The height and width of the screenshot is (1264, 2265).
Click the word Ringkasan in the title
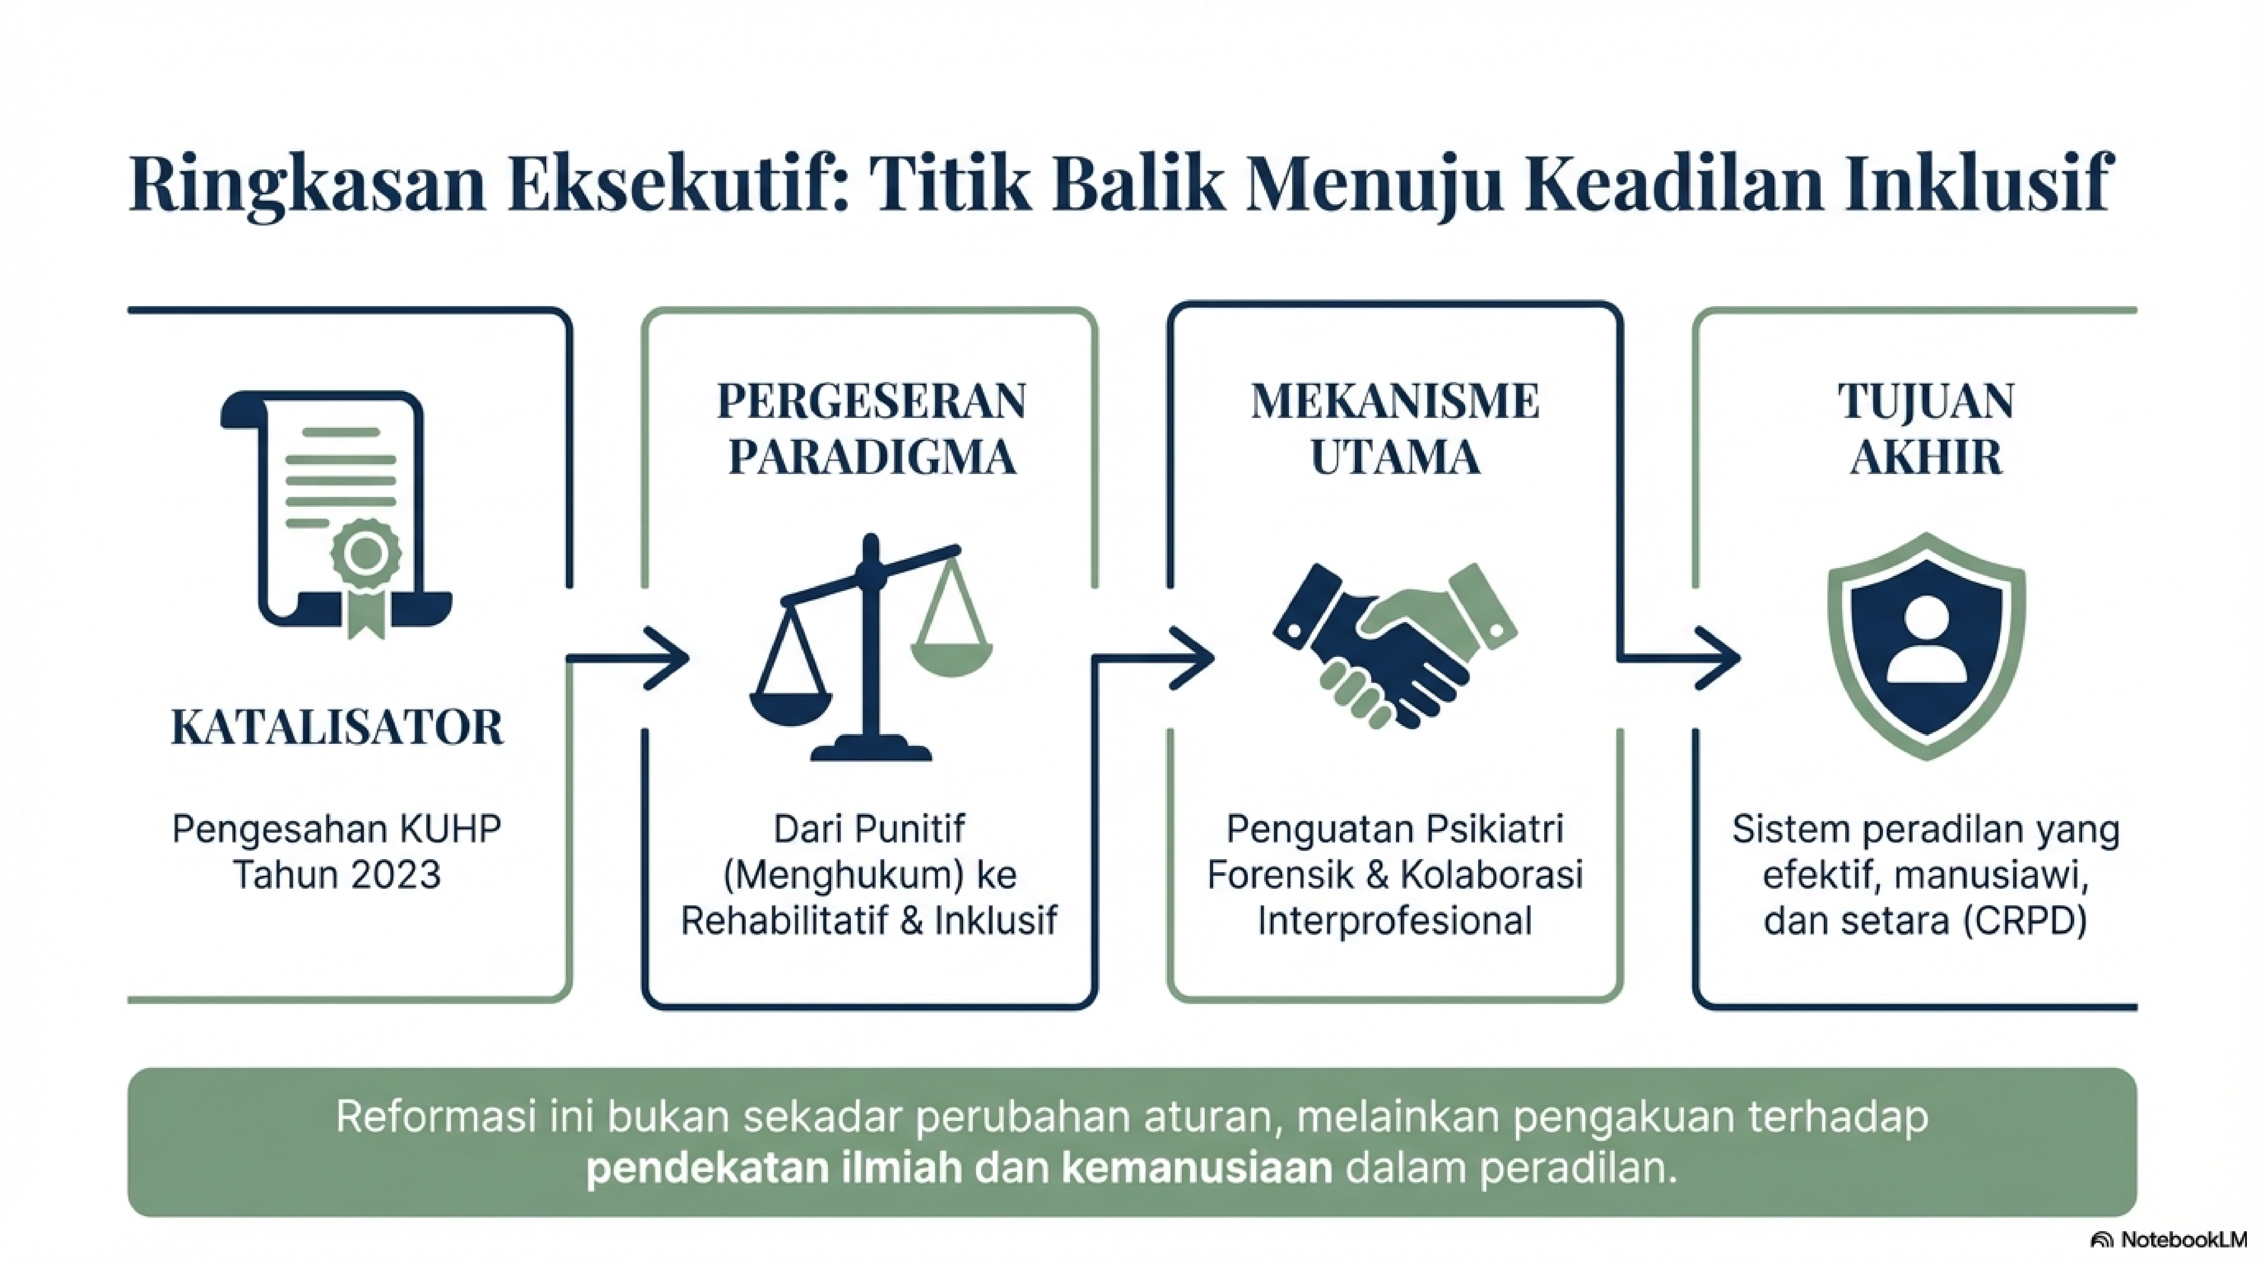coord(307,186)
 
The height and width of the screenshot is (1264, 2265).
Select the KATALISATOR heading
coord(337,728)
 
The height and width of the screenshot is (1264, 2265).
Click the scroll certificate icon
coord(337,514)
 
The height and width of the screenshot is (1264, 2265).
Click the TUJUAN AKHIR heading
coord(1926,429)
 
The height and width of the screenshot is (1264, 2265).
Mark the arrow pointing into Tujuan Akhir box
coord(1678,658)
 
